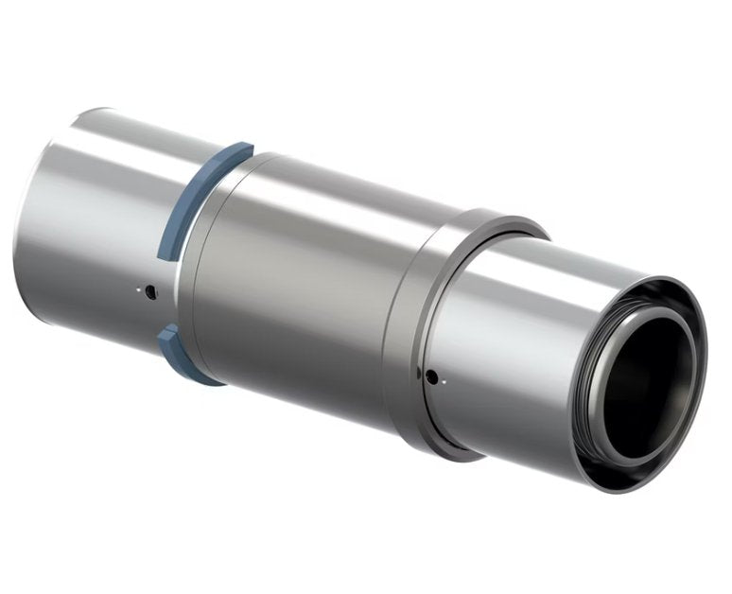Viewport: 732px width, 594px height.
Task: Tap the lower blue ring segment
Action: coord(183,357)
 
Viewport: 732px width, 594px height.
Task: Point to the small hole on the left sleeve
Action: coord(150,293)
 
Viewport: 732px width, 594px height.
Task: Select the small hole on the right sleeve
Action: coord(431,377)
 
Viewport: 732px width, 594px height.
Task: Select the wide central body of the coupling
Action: coord(303,284)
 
